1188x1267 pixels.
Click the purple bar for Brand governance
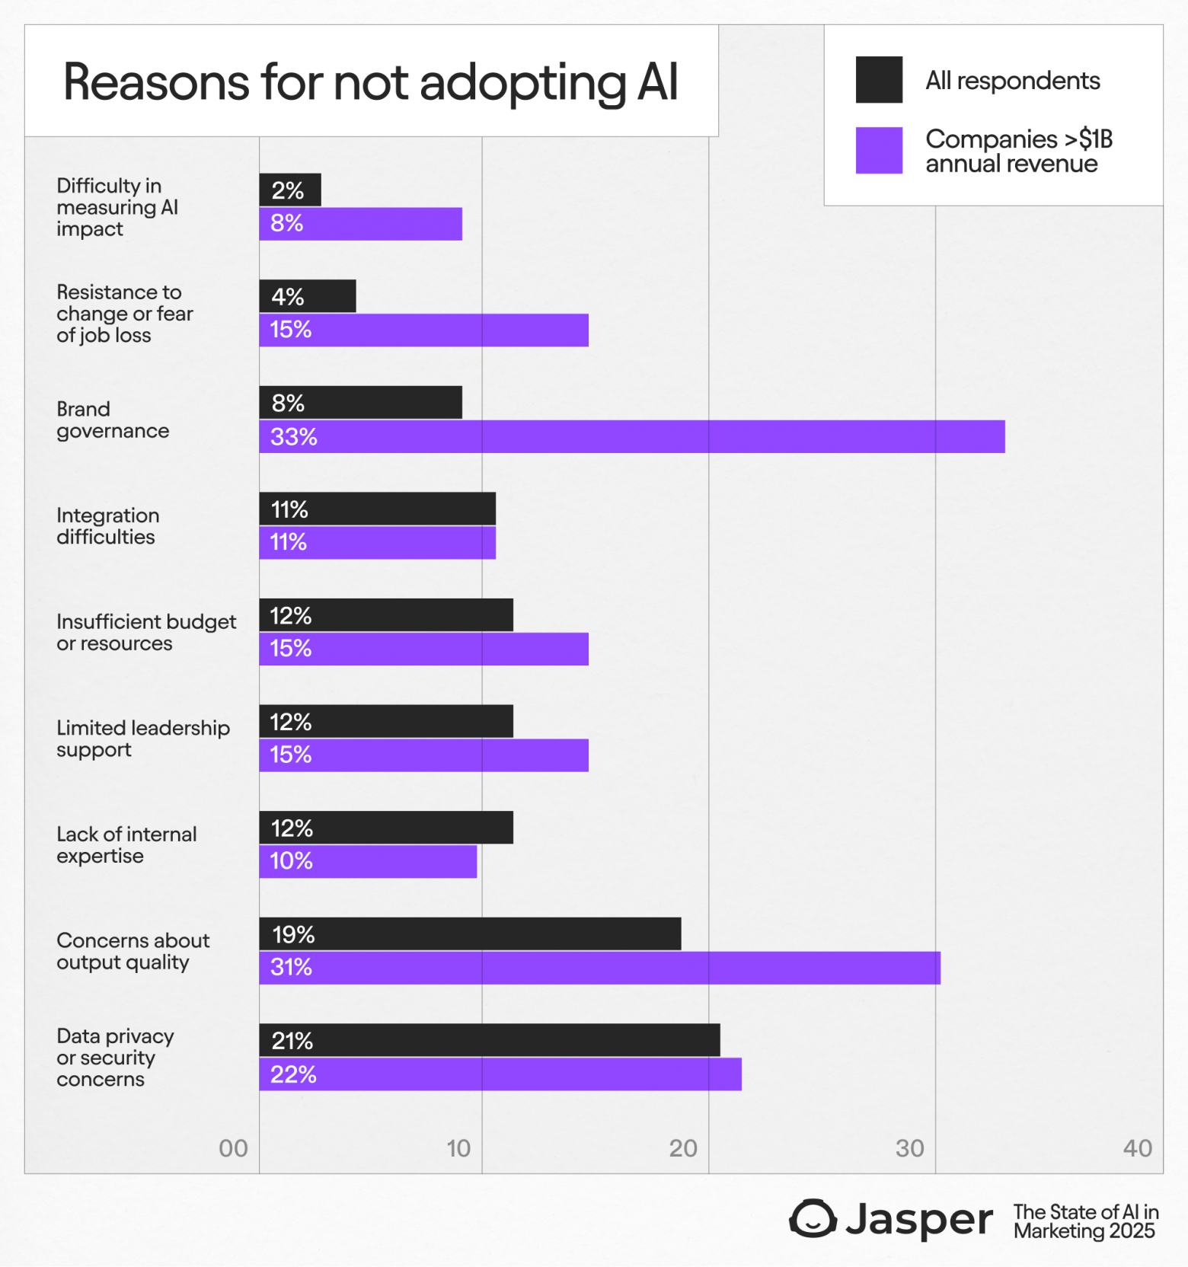click(x=632, y=436)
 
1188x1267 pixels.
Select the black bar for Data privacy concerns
click(x=490, y=1040)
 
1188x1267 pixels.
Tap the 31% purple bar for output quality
click(x=600, y=968)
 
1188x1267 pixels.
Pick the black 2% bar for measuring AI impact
click(x=290, y=190)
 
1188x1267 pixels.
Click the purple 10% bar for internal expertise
click(x=368, y=861)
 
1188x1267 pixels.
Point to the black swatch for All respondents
click(x=879, y=80)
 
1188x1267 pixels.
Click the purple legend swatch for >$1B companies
click(x=879, y=150)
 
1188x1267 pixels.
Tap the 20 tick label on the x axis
click(x=683, y=1148)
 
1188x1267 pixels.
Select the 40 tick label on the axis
click(x=1137, y=1148)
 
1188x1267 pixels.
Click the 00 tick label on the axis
click(x=233, y=1148)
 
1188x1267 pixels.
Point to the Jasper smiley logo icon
click(x=813, y=1218)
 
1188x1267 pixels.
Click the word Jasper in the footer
click(x=919, y=1220)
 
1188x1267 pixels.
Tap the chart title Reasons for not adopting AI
click(x=370, y=81)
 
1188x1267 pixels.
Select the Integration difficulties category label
click(x=108, y=526)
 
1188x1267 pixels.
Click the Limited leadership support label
click(x=142, y=739)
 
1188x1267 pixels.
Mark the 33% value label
click(x=293, y=437)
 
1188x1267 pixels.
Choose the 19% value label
click(x=293, y=934)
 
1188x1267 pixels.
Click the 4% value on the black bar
click(x=288, y=296)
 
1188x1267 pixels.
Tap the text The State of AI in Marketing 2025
click(x=1085, y=1221)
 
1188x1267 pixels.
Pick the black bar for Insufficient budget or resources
click(x=386, y=615)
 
